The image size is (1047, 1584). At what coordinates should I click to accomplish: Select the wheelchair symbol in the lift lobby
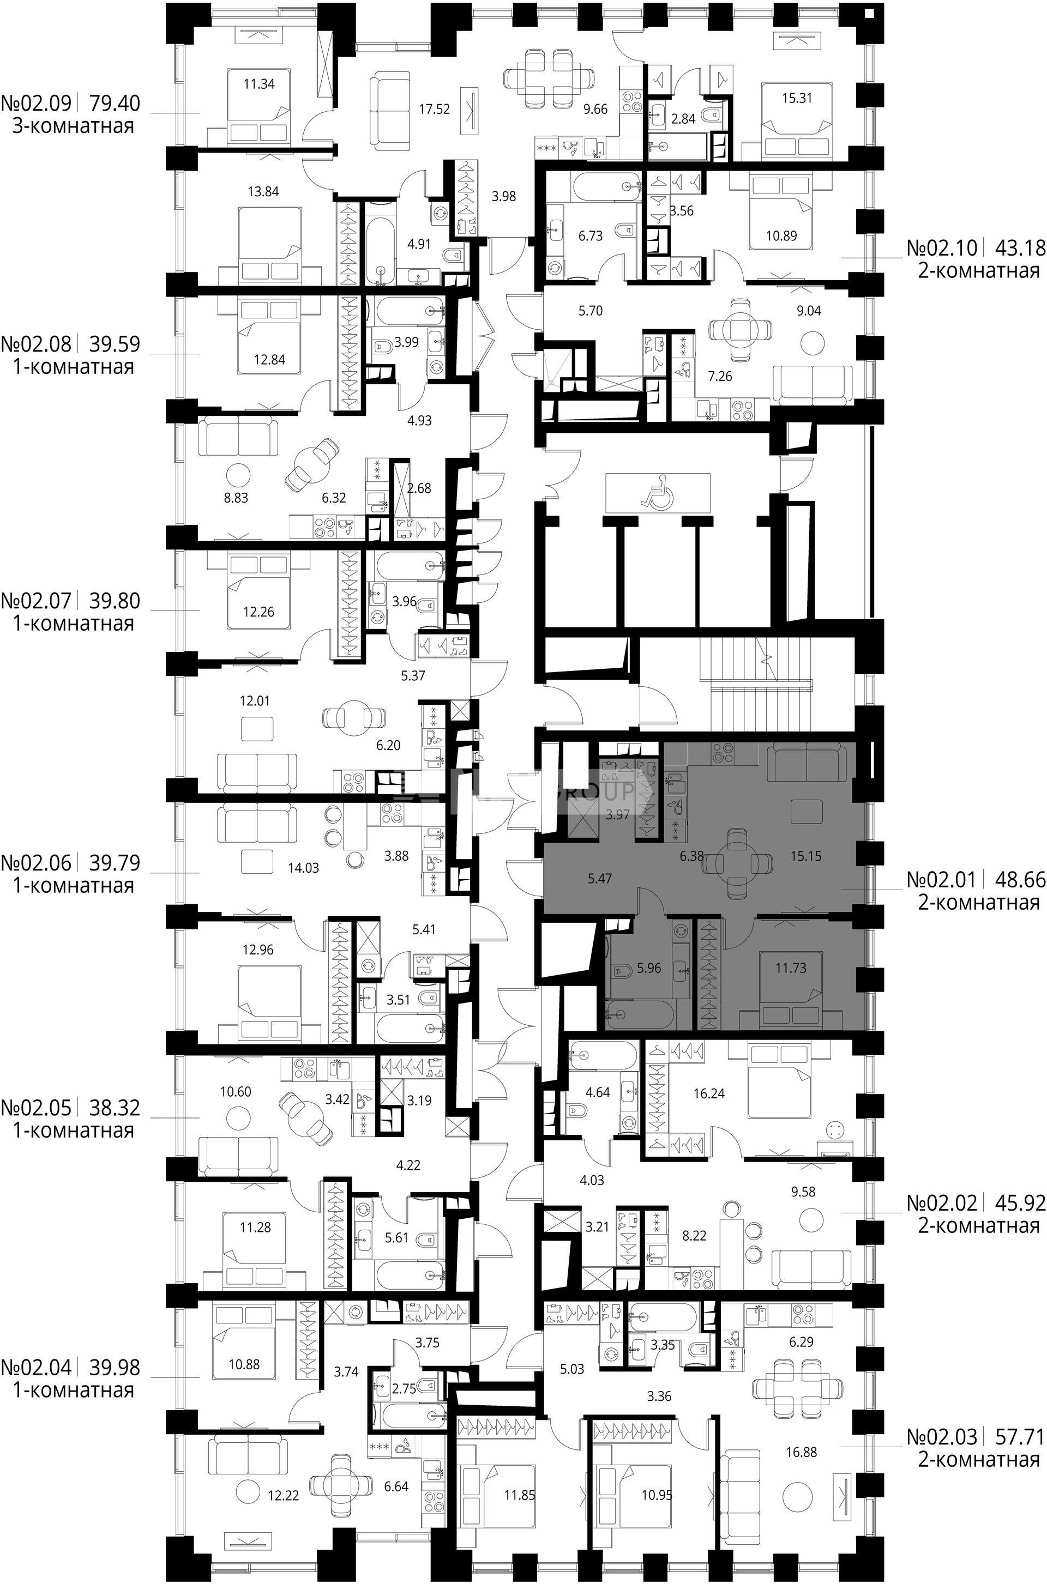(x=657, y=492)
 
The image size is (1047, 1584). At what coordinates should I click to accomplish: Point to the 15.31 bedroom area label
(x=797, y=98)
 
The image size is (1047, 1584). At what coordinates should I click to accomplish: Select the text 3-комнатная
(x=74, y=126)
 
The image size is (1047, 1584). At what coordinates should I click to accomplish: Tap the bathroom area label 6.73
(x=590, y=235)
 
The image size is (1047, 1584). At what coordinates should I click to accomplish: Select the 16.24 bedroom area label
(x=709, y=1093)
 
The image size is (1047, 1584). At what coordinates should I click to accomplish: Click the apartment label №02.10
(x=942, y=247)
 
